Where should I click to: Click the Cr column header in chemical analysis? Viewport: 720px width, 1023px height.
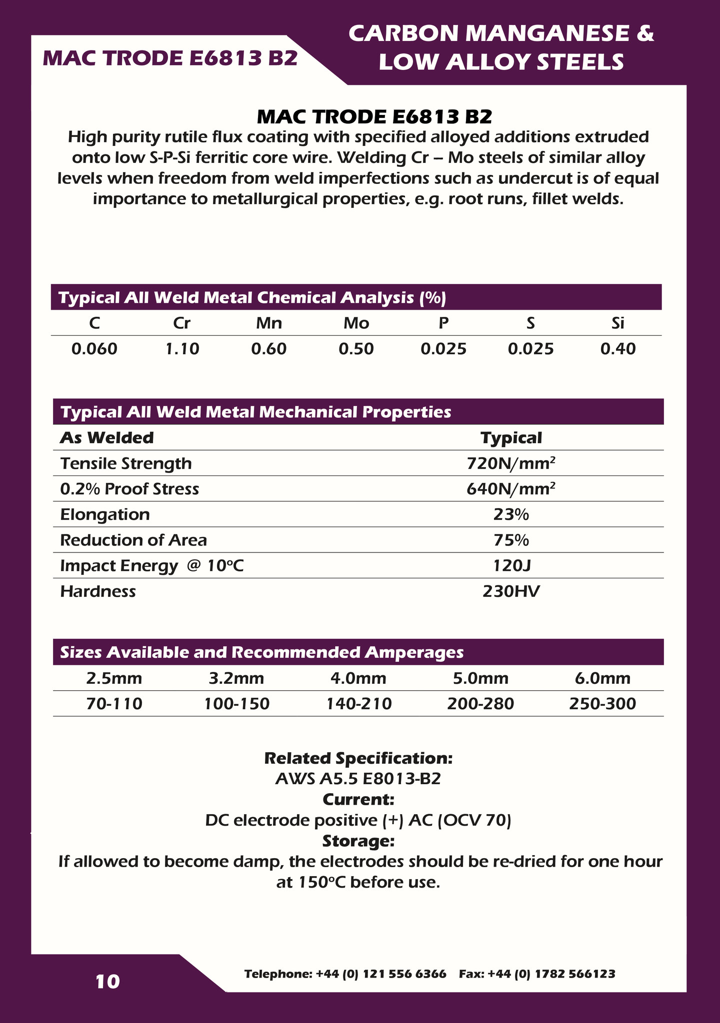[181, 323]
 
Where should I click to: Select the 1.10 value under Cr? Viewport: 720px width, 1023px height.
[182, 349]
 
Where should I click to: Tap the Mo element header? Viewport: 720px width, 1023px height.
[356, 323]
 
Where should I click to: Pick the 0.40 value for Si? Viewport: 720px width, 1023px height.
[618, 349]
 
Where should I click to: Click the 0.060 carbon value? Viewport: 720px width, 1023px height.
[94, 349]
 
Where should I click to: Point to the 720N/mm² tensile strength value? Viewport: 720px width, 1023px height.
[511, 464]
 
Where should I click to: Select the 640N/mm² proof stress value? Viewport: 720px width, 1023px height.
[511, 489]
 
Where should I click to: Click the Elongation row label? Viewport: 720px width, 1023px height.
[105, 514]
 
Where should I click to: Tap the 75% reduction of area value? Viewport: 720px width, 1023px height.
[511, 540]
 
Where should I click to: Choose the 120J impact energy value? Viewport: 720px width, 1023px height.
[511, 566]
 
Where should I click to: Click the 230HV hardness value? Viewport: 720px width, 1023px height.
[511, 591]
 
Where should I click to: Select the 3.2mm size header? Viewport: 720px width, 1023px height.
[236, 678]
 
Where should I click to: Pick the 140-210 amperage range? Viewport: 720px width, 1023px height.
[359, 704]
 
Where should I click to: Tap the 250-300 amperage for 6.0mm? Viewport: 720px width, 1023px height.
[602, 704]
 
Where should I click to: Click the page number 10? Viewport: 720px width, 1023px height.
[108, 982]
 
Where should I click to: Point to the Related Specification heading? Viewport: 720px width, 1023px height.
[358, 758]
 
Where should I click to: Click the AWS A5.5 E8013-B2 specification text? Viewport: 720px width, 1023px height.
[358, 779]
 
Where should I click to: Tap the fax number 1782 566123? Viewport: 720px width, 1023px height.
[537, 974]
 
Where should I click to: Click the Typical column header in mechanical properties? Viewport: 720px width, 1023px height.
[511, 438]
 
